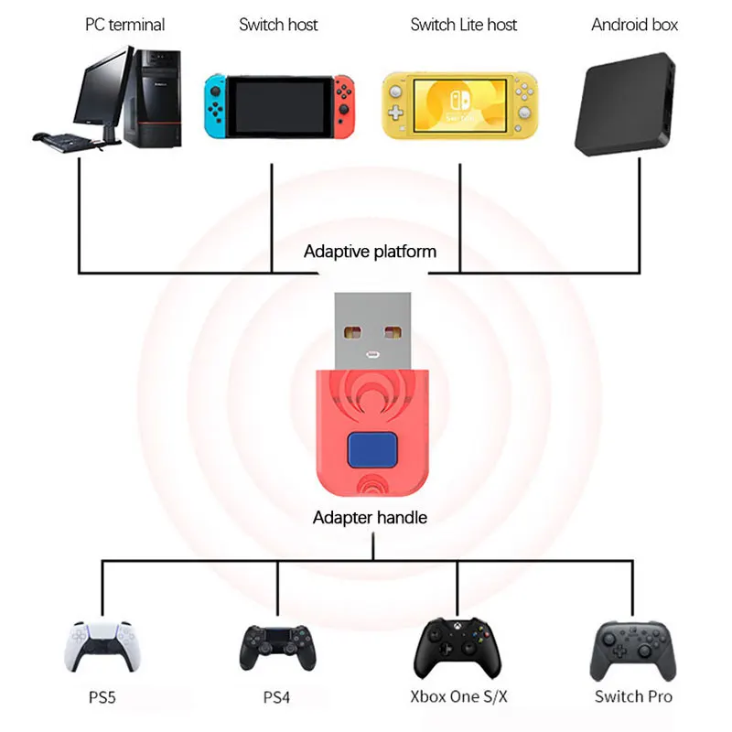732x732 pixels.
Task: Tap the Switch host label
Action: pyautogui.click(x=278, y=25)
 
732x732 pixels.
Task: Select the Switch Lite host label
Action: pyautogui.click(x=463, y=25)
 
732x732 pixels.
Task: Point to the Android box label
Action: pyautogui.click(x=634, y=25)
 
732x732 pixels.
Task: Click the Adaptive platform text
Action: pyautogui.click(x=370, y=251)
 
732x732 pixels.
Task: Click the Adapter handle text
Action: pyautogui.click(x=370, y=518)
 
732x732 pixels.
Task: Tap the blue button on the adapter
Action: pyautogui.click(x=371, y=451)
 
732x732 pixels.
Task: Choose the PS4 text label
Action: pyautogui.click(x=276, y=697)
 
